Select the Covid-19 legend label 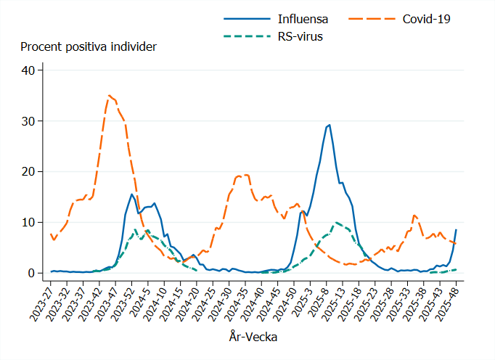(427, 19)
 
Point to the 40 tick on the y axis (28, 70)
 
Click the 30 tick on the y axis (28, 121)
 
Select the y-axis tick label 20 (28, 172)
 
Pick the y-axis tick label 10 (28, 223)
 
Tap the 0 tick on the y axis (31, 274)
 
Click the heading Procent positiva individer (89, 47)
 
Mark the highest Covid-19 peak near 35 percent (109, 95)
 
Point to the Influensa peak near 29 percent (330, 125)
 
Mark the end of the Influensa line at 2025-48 (456, 230)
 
